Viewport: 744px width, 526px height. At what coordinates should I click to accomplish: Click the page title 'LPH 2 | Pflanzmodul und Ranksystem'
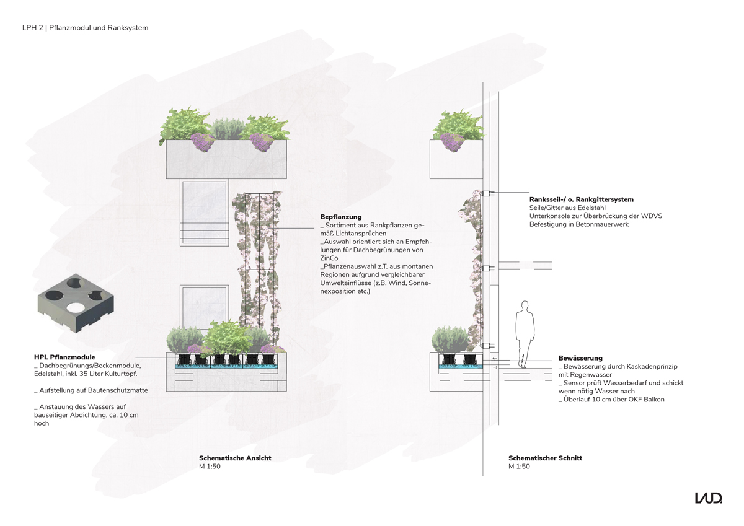coord(86,28)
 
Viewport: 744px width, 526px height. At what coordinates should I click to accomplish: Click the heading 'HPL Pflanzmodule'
coord(64,357)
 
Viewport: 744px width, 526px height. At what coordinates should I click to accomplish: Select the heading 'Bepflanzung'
coord(341,217)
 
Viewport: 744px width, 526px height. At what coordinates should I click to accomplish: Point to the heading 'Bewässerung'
coord(580,358)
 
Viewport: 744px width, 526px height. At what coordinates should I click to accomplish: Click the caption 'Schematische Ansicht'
coord(235,458)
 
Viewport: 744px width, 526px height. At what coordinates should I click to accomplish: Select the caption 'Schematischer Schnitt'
coord(545,458)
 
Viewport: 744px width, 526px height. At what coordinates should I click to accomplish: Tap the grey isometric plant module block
coord(76,304)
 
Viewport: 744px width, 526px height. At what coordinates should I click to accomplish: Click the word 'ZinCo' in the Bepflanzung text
coord(329,258)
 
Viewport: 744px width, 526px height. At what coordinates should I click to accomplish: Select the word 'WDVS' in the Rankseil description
coord(652,216)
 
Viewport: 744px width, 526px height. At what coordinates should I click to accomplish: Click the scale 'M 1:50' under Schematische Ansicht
coord(210,467)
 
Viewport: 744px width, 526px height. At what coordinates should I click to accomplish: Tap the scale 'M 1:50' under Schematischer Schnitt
coord(519,467)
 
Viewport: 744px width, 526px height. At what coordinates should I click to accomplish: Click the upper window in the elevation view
coord(204,213)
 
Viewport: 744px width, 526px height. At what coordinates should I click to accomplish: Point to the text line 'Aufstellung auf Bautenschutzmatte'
coord(91,390)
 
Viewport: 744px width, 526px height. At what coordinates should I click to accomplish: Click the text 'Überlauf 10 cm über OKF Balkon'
coord(611,399)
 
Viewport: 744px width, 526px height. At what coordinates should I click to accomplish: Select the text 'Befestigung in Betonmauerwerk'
coord(579,224)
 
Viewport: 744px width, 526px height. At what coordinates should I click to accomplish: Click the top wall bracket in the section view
coord(487,193)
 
